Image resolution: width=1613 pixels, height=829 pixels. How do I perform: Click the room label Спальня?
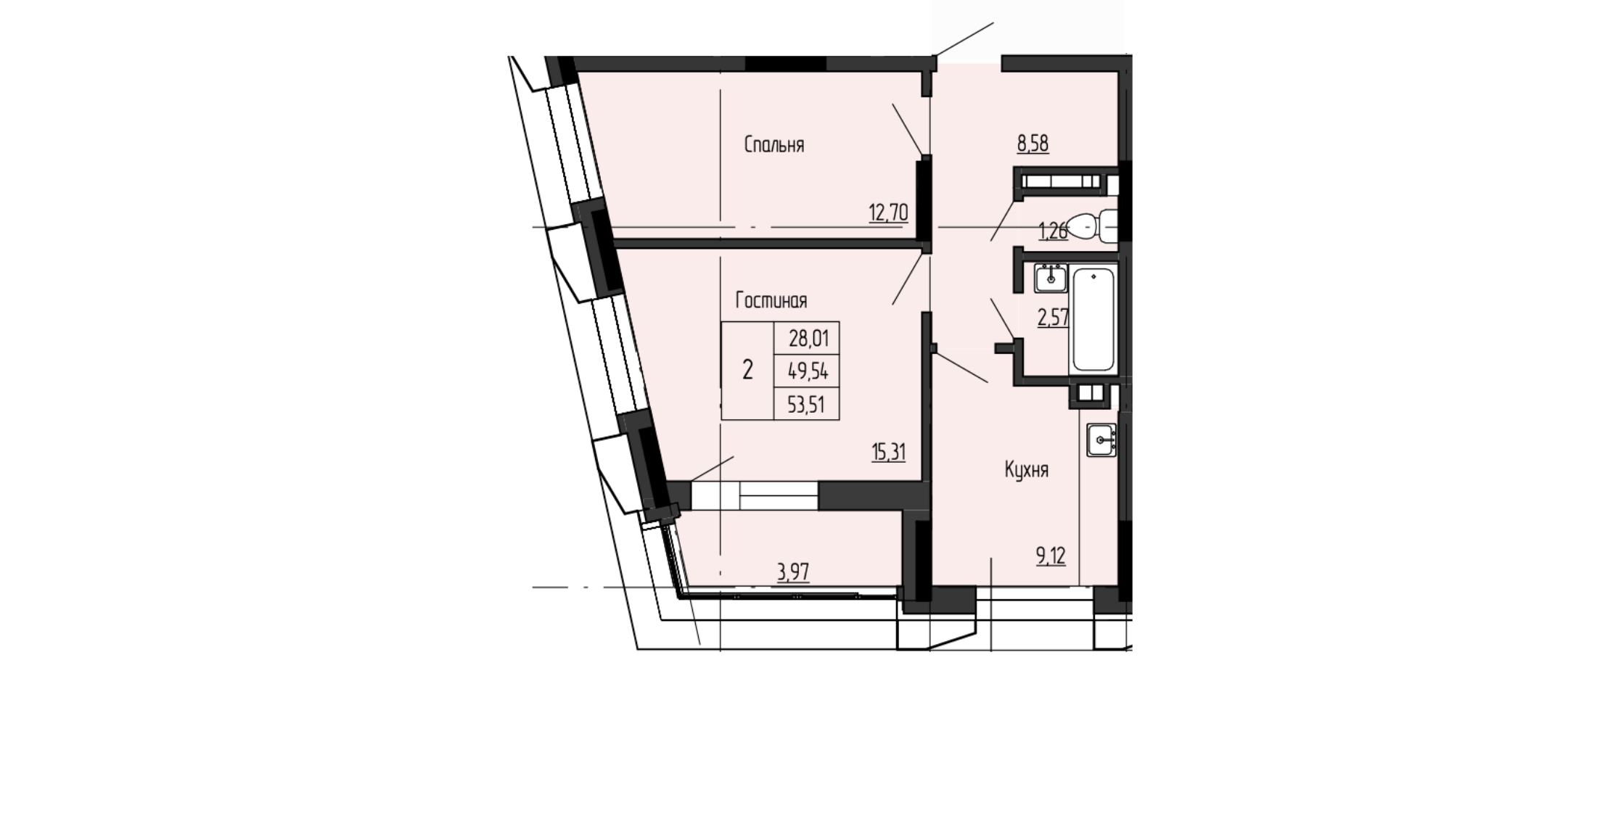774,145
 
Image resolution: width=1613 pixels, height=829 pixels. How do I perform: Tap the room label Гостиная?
771,300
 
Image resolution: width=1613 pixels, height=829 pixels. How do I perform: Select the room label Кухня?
1027,470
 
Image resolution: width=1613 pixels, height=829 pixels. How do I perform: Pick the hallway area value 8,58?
1033,144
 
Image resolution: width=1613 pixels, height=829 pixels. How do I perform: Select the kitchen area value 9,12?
1051,556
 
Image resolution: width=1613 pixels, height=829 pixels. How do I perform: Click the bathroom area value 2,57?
1054,318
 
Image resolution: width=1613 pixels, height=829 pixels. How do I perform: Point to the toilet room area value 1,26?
1054,232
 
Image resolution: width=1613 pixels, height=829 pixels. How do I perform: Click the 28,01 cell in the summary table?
807,338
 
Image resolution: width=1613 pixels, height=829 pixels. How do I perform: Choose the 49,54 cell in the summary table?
807,371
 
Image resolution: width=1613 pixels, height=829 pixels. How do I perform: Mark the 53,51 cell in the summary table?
807,404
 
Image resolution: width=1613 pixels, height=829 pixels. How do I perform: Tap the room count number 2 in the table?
747,371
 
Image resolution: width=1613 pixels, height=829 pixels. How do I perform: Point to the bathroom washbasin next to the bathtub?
1050,279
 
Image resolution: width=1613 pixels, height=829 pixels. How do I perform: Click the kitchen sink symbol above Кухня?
1101,440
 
